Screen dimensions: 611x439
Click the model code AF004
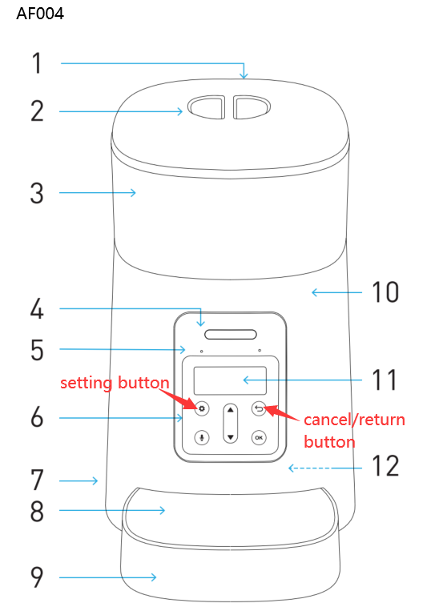click(40, 14)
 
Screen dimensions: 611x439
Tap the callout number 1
click(36, 63)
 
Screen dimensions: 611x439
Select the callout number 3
click(37, 193)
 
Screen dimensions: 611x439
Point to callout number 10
click(385, 292)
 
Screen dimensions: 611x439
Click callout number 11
click(385, 380)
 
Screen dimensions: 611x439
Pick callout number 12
click(386, 465)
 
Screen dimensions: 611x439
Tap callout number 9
click(37, 577)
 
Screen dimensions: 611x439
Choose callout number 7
click(37, 480)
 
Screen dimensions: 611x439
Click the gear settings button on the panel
click(201, 408)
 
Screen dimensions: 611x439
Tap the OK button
click(258, 437)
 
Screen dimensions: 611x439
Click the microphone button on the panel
click(201, 437)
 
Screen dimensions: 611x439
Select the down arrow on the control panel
click(230, 437)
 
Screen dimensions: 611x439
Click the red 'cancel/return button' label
click(354, 430)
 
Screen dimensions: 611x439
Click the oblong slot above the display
click(230, 334)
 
